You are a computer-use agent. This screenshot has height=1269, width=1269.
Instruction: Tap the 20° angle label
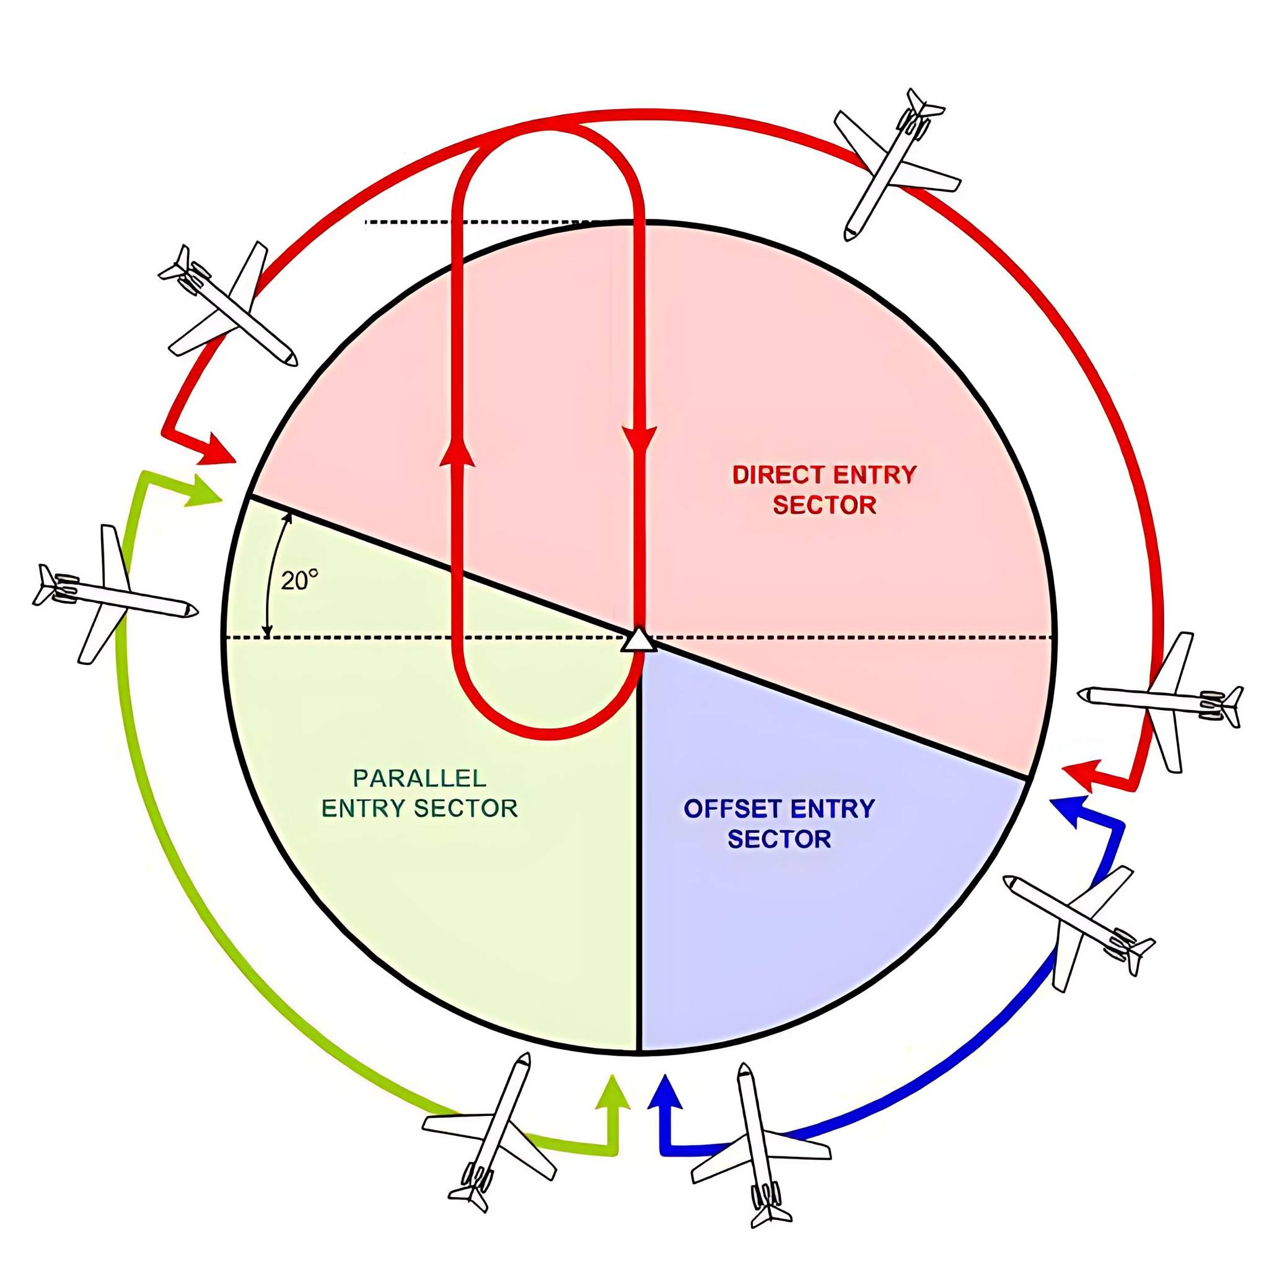click(x=299, y=581)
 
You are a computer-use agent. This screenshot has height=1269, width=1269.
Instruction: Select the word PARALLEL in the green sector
click(x=419, y=778)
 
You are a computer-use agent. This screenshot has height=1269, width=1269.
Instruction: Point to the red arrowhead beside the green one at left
click(x=218, y=451)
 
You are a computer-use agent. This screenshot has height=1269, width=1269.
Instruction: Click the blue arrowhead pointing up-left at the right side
click(x=1069, y=812)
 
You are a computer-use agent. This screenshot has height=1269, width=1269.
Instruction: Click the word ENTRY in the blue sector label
click(x=832, y=809)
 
